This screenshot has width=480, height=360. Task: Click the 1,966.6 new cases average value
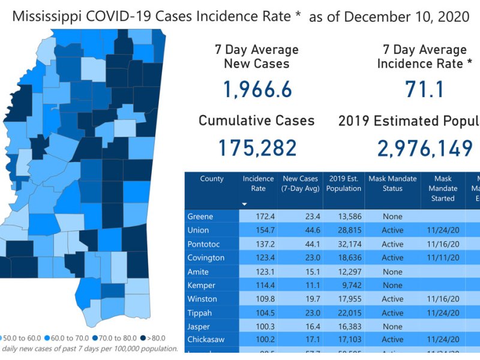(257, 90)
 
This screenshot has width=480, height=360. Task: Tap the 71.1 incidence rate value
(424, 90)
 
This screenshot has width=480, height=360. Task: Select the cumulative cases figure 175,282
(256, 148)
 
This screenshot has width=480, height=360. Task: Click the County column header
(212, 179)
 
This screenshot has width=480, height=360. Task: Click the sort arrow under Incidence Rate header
(244, 204)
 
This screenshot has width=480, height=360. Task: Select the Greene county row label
(200, 217)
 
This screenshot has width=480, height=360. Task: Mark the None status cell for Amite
(392, 272)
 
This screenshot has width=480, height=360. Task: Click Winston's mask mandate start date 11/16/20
(443, 299)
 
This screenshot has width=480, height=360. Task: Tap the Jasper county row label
(199, 327)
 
